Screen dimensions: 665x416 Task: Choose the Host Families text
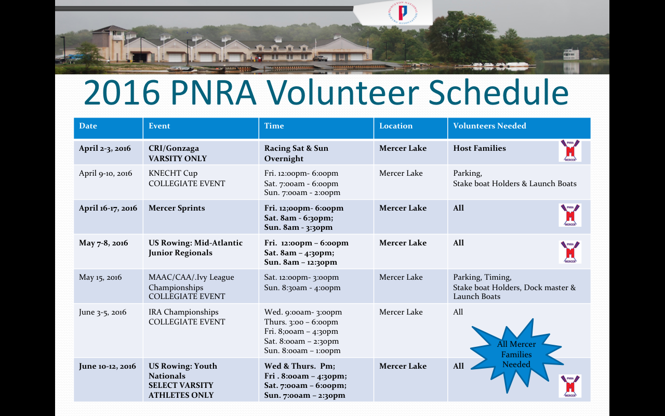tap(480, 148)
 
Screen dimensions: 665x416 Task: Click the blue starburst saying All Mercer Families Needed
tap(516, 354)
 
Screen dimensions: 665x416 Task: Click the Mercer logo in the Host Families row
tap(570, 151)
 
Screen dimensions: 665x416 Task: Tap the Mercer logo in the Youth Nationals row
tap(570, 386)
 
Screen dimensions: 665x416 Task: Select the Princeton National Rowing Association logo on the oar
tap(403, 13)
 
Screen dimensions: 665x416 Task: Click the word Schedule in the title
tap(498, 92)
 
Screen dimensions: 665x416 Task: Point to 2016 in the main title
tap(122, 92)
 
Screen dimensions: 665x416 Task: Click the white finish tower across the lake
tap(571, 54)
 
